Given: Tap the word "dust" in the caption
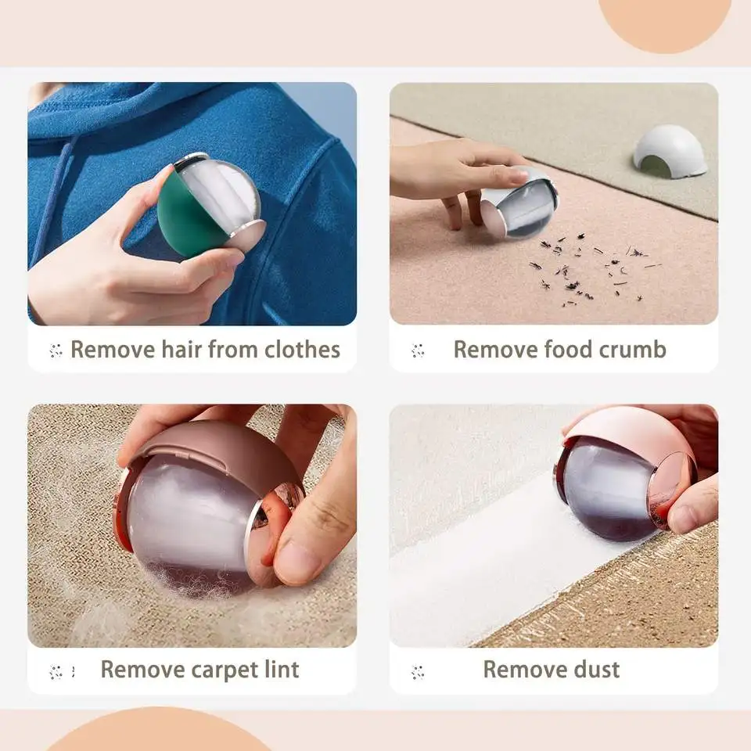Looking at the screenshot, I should (x=595, y=670).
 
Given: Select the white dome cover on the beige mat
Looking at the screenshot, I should (x=669, y=150).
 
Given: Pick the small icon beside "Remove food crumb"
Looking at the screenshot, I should (x=418, y=350).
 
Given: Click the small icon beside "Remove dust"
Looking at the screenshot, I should (x=418, y=671).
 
